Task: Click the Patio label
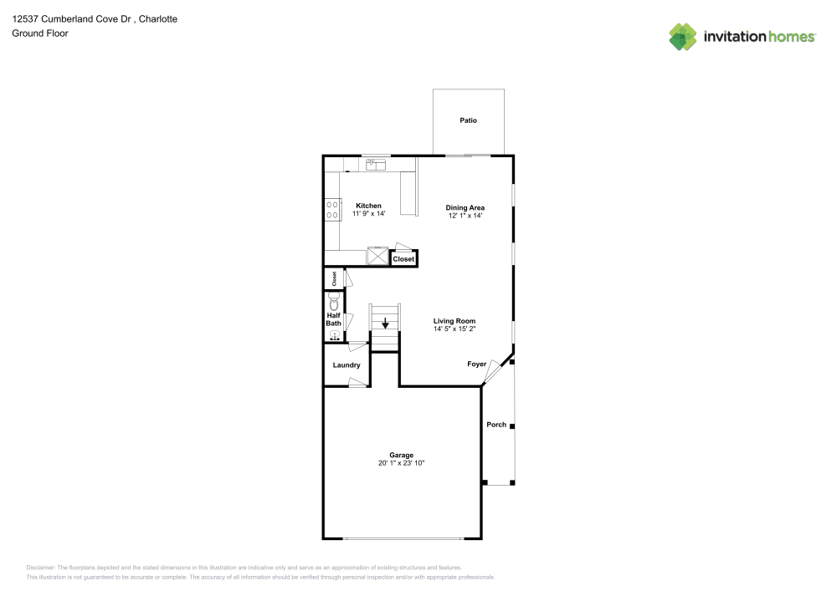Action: click(468, 121)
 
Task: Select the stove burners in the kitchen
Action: click(333, 209)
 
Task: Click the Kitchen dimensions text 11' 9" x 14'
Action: click(368, 215)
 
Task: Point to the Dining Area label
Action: click(465, 207)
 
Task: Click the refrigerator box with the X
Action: click(379, 257)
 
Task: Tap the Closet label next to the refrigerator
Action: click(403, 259)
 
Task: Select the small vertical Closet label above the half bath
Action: click(334, 278)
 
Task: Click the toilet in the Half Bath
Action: click(334, 304)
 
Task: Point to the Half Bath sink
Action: click(334, 335)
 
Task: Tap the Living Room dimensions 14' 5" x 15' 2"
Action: click(454, 329)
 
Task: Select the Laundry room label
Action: click(347, 365)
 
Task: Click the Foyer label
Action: click(476, 364)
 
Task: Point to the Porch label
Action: click(496, 425)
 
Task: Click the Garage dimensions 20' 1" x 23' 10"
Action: click(401, 463)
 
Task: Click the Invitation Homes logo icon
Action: click(683, 36)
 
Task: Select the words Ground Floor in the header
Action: click(40, 33)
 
